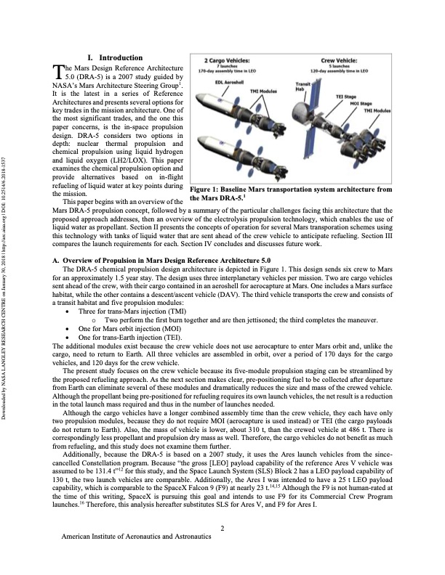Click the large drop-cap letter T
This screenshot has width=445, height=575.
pyautogui.click(x=60, y=71)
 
